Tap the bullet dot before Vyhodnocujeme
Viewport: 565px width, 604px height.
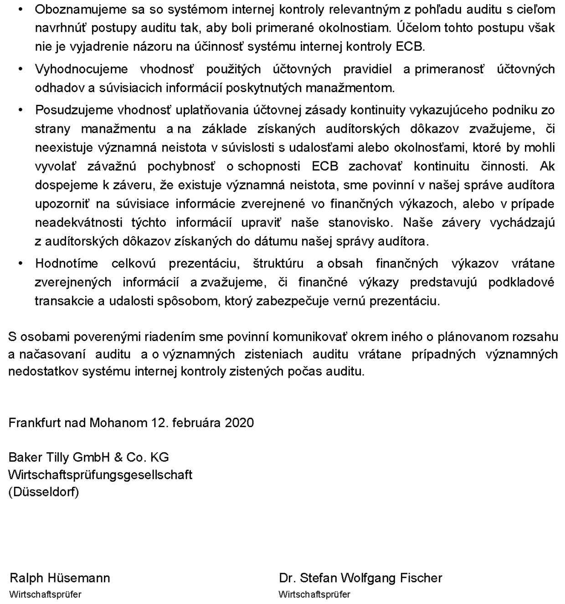tap(20, 69)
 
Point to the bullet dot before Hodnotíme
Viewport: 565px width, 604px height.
tap(20, 263)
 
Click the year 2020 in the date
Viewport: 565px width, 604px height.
tap(239, 423)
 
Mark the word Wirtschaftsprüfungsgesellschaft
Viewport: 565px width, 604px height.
tap(100, 475)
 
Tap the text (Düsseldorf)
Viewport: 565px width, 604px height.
tap(44, 492)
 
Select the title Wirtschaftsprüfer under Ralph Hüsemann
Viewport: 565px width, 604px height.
tap(45, 594)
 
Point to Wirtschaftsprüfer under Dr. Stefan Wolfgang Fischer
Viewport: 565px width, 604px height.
tap(314, 594)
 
